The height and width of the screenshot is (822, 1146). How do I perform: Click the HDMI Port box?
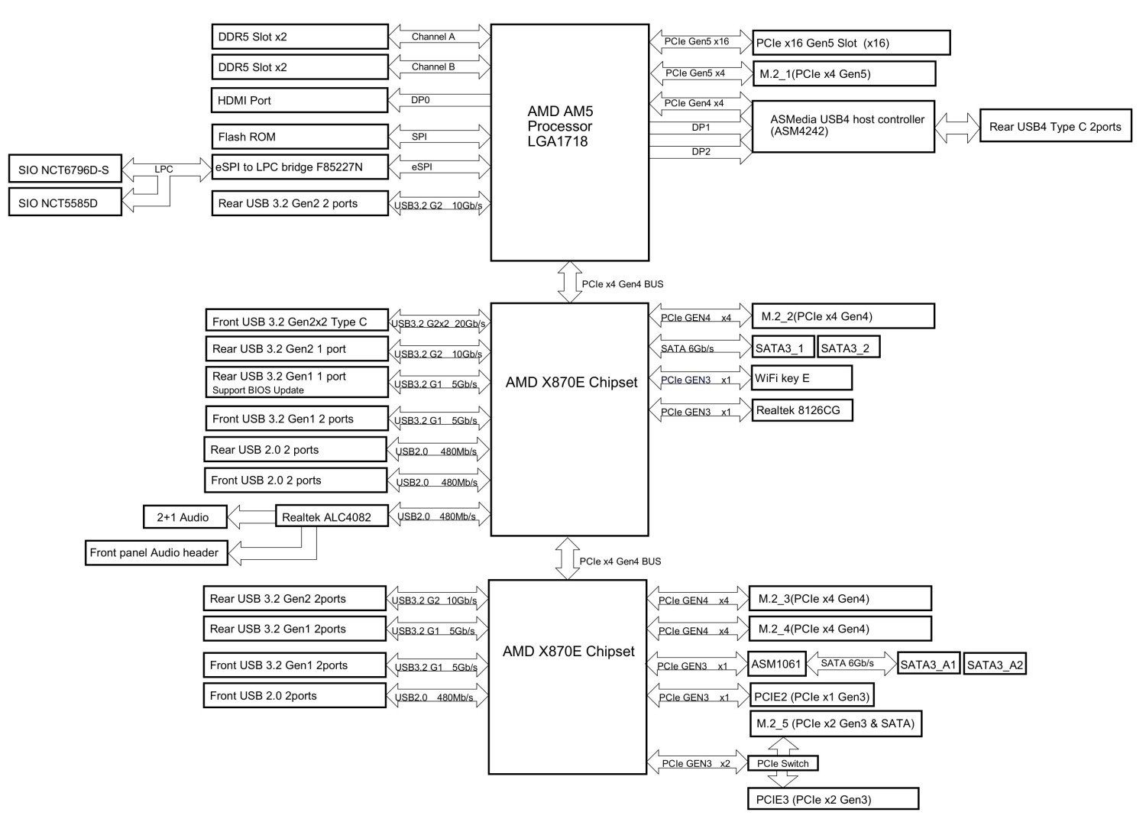tap(299, 100)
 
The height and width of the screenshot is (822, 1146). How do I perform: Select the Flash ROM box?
tap(299, 137)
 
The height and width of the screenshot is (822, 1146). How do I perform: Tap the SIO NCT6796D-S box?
tap(65, 169)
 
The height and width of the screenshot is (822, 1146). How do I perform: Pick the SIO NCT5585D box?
tap(65, 202)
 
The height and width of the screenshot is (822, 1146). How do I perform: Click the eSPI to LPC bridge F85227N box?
tap(299, 167)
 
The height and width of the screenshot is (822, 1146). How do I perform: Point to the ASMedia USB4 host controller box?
tap(843, 126)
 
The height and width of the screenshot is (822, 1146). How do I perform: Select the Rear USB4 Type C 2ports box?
tap(1055, 125)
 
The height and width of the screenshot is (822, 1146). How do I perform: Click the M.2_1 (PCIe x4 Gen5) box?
tap(844, 73)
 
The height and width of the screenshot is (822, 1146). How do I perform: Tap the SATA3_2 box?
tap(849, 347)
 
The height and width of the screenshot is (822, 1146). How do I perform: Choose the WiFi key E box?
tap(801, 378)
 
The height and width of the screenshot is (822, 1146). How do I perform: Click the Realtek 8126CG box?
tap(801, 410)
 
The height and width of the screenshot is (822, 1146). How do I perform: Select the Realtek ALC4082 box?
tap(332, 516)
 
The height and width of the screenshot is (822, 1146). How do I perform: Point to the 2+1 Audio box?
tap(185, 516)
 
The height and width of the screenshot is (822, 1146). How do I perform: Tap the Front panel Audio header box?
tap(157, 553)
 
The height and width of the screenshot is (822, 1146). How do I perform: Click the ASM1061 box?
tap(777, 664)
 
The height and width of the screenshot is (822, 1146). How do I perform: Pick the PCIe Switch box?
tap(783, 764)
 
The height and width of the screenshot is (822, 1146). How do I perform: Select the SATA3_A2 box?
tap(995, 664)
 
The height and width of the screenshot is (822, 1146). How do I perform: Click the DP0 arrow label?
tap(420, 100)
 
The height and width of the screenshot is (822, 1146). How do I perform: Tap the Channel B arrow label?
tap(433, 66)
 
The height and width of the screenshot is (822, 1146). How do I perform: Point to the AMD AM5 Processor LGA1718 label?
tap(560, 126)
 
